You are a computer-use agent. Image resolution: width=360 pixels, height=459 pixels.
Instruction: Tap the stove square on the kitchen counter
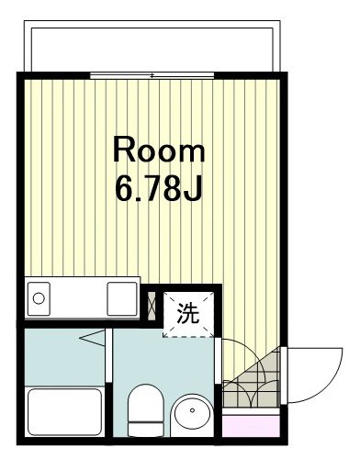coord(120,298)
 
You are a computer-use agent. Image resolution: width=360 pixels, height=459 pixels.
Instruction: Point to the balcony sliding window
coord(152,73)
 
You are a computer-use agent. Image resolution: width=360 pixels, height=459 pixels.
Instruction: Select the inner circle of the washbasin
coord(193,413)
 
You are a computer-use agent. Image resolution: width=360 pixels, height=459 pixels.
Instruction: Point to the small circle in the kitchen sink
coord(39,297)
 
